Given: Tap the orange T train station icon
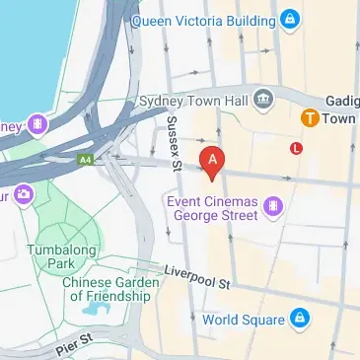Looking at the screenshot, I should click(310, 117).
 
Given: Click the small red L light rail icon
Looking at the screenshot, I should click(297, 148).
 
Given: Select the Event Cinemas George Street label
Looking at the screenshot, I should click(210, 208).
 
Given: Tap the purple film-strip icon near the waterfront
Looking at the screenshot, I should click(37, 124).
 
